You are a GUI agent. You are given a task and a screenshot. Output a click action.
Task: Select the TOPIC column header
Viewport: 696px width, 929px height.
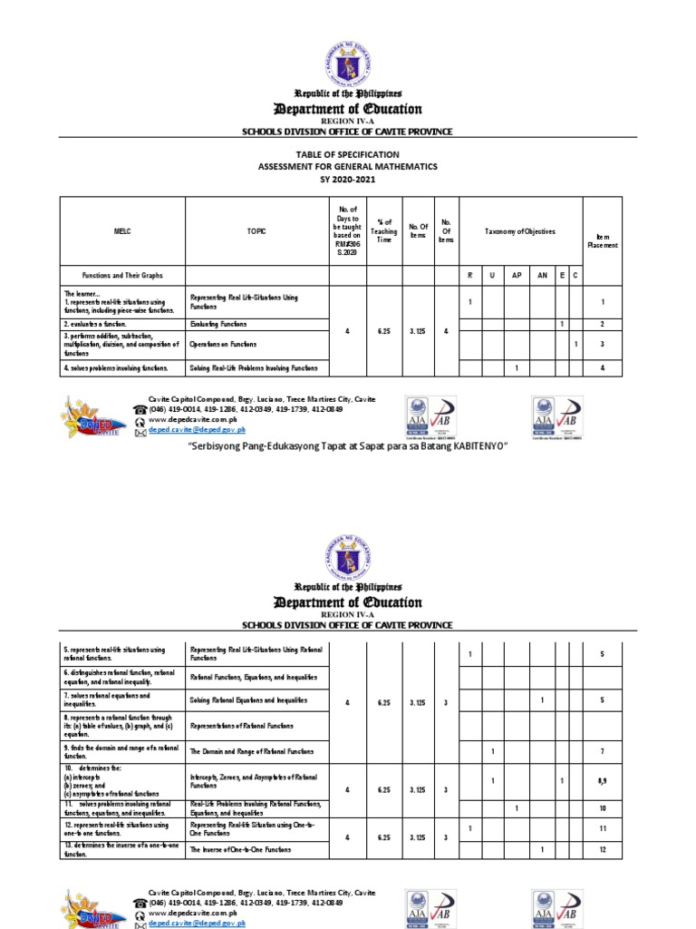[256, 231]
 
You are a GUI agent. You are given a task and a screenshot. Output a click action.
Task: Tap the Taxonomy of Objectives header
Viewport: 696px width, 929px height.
[519, 232]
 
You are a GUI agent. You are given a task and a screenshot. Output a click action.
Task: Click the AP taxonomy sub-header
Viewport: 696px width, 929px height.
[516, 274]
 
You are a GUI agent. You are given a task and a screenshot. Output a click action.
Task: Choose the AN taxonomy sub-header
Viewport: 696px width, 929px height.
[542, 274]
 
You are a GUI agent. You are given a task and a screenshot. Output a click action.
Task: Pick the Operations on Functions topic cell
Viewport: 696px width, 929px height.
[223, 345]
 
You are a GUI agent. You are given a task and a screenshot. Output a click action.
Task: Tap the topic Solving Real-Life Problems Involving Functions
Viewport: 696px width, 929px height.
[254, 367]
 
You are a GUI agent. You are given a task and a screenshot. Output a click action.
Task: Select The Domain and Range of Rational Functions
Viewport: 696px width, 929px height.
[252, 751]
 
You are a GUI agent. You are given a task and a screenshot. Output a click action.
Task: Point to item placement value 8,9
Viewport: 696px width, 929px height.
[602, 780]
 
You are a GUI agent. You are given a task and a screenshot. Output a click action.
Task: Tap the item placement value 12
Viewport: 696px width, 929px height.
[602, 849]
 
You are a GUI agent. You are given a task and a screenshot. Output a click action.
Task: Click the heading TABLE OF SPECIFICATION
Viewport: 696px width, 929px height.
[349, 155]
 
